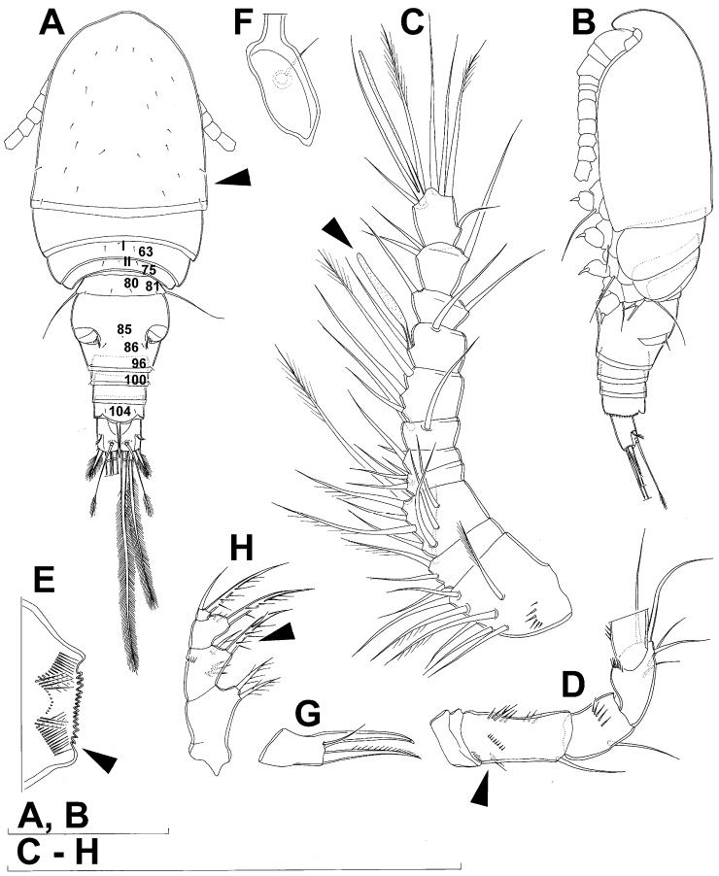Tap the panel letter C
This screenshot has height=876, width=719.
coord(413,21)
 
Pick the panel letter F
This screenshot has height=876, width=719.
coord(244,21)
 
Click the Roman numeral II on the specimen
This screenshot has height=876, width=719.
coord(125,261)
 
